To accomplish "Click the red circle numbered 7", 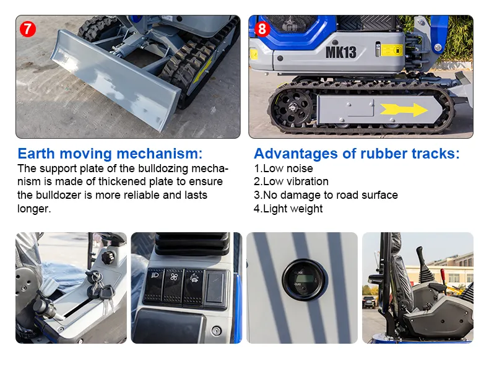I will pyautogui.click(x=27, y=28).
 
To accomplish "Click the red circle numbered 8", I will pyautogui.click(x=262, y=28).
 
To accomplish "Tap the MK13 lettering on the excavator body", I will pyautogui.click(x=340, y=52).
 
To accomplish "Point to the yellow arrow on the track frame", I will pyautogui.click(x=403, y=110).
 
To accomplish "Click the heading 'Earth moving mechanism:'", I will pyautogui.click(x=110, y=154).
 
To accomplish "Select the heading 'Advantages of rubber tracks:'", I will pyautogui.click(x=357, y=154).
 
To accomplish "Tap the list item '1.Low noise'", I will pyautogui.click(x=283, y=168).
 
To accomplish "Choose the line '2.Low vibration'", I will pyautogui.click(x=291, y=181).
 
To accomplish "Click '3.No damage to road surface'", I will pyautogui.click(x=326, y=195).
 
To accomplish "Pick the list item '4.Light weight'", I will pyautogui.click(x=288, y=209).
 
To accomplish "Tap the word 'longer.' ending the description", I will pyautogui.click(x=34, y=209).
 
